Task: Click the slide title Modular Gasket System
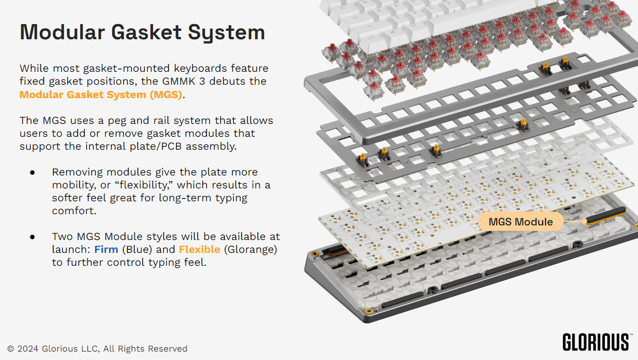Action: [x=142, y=32]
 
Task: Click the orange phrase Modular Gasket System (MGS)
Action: [x=101, y=94]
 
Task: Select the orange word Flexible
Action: [x=199, y=249]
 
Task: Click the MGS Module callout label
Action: [x=520, y=221]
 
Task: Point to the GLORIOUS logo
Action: [x=596, y=341]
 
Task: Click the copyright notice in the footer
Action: [x=97, y=349]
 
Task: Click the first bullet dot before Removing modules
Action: [x=33, y=172]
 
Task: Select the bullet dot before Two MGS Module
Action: [x=33, y=237]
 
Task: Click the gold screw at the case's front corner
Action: [x=369, y=311]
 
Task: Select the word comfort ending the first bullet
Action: [x=73, y=211]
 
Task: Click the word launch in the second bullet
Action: [x=71, y=249]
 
